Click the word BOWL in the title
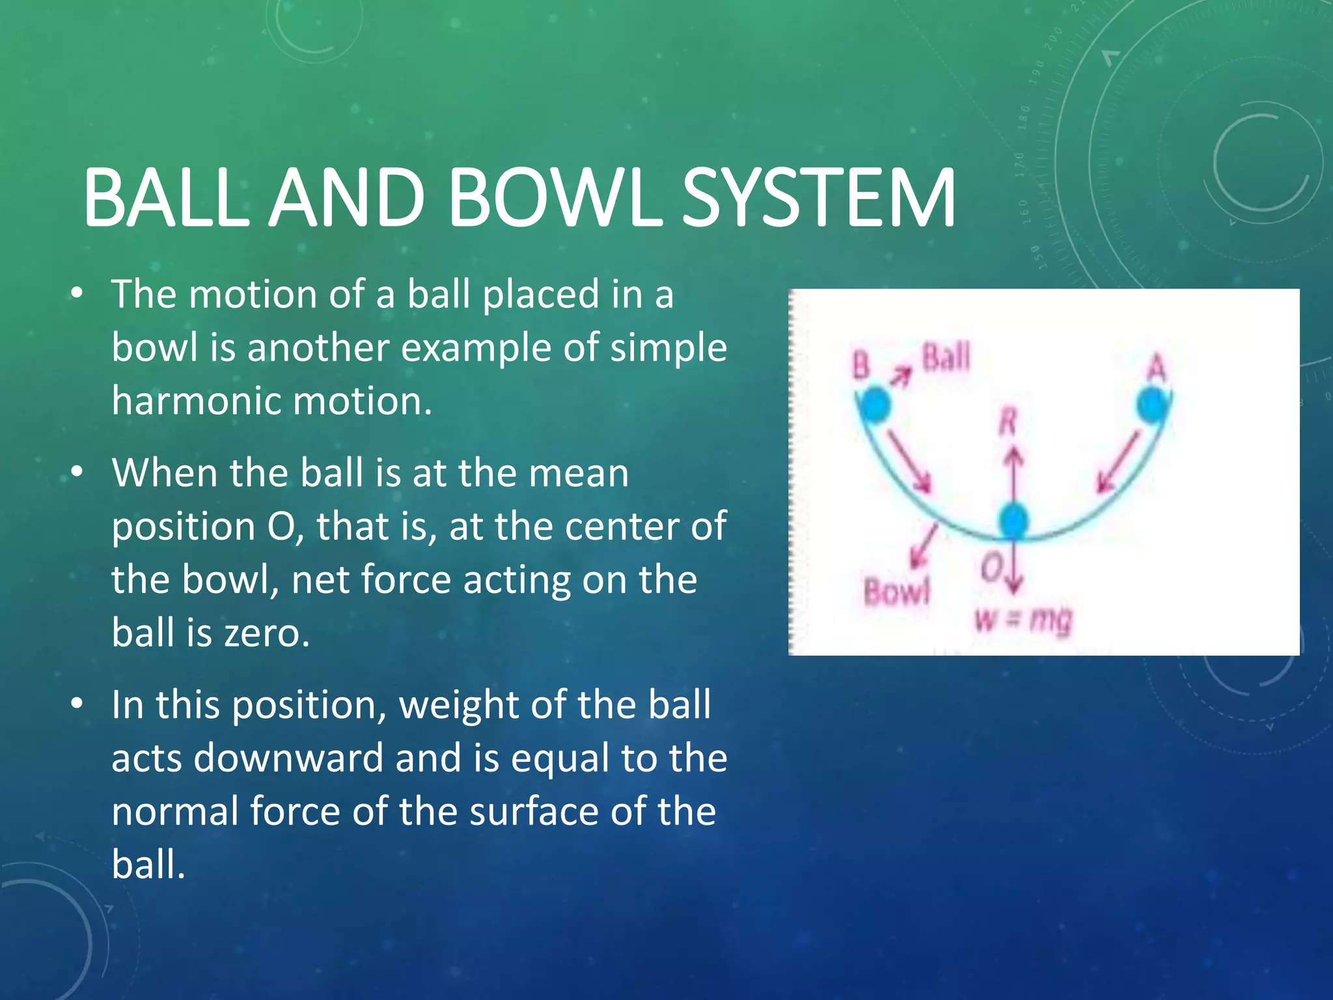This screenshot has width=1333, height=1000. pos(555,198)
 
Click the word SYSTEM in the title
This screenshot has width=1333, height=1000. pos(818,198)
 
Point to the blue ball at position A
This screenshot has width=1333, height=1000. pos(1153,405)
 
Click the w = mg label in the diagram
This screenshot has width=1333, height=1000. pos(1023,620)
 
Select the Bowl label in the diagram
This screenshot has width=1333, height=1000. pos(896,592)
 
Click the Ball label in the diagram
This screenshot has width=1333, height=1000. pos(946,357)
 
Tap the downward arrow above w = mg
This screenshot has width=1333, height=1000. pos(1014,573)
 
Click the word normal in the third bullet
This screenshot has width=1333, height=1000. pos(174,812)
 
